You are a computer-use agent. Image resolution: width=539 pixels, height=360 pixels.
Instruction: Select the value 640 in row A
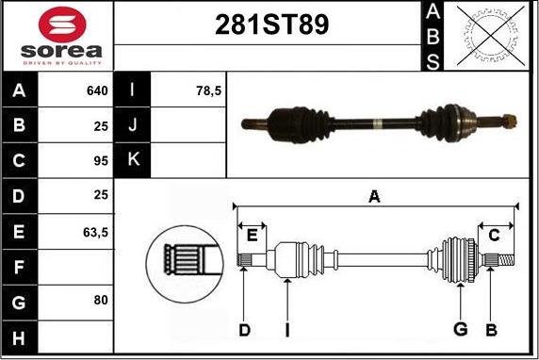click(96, 91)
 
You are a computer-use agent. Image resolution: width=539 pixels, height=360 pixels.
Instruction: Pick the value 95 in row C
click(100, 160)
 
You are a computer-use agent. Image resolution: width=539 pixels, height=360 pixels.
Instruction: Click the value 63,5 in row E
click(95, 230)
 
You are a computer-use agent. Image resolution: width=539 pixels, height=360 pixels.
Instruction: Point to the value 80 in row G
click(100, 300)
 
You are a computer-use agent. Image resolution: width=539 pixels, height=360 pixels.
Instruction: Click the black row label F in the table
click(19, 266)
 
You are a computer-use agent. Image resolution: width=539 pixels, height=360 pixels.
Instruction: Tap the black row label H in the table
click(19, 335)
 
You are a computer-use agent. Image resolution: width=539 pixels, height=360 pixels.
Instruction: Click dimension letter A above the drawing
click(374, 196)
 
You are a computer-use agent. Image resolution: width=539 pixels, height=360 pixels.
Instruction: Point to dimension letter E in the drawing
click(252, 236)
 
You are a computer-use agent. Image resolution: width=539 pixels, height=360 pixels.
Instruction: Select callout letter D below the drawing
click(243, 330)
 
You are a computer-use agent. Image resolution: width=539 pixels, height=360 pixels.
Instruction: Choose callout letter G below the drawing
click(461, 330)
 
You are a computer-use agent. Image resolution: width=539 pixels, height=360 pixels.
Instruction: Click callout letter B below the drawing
click(490, 330)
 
